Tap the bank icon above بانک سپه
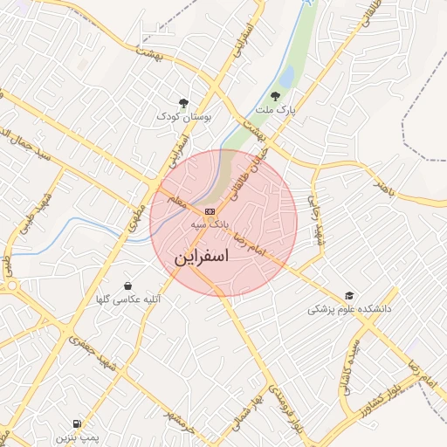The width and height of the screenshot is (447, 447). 210,211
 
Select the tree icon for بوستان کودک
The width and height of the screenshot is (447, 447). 183,103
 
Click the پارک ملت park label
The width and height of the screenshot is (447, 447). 278,110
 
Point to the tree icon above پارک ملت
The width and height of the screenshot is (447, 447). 276,96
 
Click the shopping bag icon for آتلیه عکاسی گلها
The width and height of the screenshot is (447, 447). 128,285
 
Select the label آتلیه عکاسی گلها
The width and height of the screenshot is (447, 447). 128,299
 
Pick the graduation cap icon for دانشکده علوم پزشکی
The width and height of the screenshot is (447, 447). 350,296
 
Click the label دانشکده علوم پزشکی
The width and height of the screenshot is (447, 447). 350,310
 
